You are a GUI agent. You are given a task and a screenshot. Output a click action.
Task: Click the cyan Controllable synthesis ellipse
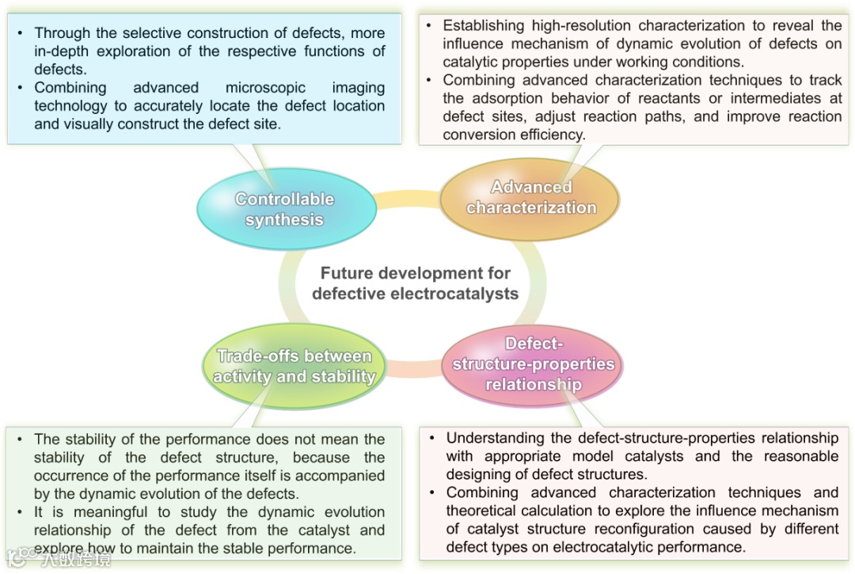(x=285, y=209)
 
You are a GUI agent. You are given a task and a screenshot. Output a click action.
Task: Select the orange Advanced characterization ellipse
(x=531, y=198)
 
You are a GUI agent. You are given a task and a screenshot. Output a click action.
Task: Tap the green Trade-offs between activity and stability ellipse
(x=294, y=366)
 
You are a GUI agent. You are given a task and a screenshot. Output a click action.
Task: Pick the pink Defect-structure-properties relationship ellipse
(x=533, y=364)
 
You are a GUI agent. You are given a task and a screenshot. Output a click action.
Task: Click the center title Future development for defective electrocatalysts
(x=415, y=283)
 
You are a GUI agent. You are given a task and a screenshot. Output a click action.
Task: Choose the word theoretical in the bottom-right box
(x=488, y=511)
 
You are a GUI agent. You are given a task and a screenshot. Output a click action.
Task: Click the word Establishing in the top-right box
(x=484, y=26)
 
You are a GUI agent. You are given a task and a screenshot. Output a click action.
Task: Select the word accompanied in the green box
(x=338, y=476)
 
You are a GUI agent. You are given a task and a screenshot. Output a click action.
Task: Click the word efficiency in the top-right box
(x=545, y=135)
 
